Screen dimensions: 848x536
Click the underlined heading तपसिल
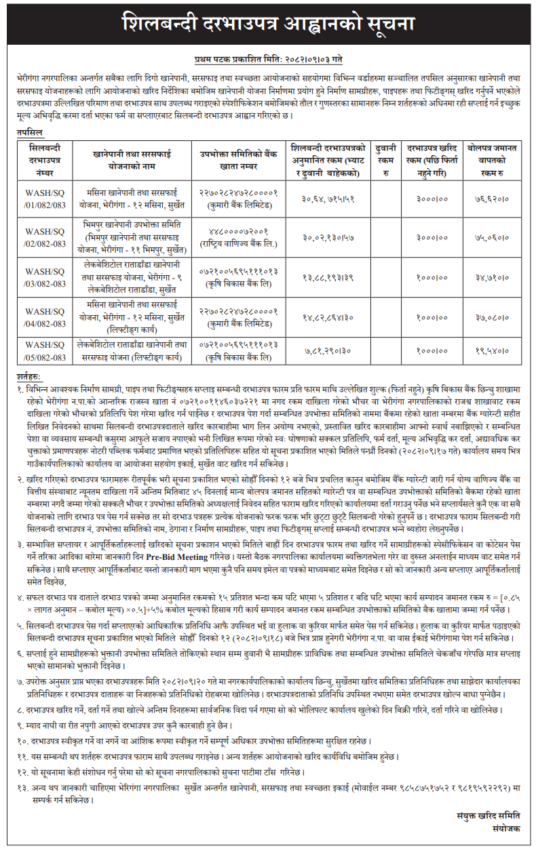coord(30,133)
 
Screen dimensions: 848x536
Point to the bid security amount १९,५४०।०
coord(491,351)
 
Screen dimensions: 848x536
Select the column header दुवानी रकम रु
coord(385,162)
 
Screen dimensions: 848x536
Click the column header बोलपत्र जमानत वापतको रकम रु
coord(491,162)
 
